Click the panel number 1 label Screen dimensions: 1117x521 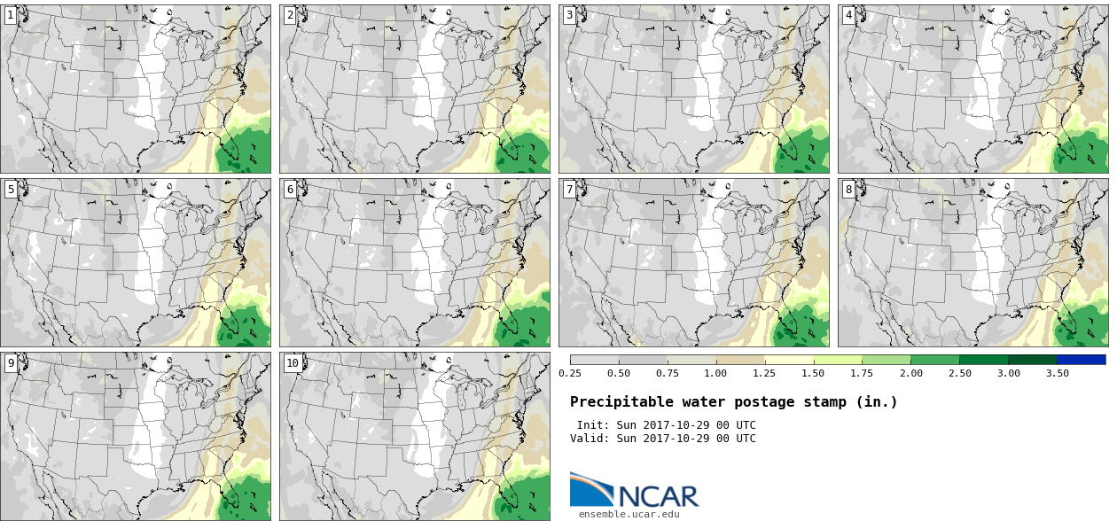(x=10, y=15)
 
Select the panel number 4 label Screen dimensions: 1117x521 (x=848, y=15)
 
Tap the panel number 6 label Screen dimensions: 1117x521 (x=290, y=190)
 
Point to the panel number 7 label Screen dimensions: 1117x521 (x=569, y=190)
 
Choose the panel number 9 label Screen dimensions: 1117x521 (x=10, y=363)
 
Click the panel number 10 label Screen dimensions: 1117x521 (x=293, y=363)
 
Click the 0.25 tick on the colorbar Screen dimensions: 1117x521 (x=570, y=373)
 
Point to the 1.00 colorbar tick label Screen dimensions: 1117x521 (x=715, y=373)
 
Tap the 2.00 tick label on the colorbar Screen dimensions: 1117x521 (x=911, y=373)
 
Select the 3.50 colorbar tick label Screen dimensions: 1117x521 (x=1058, y=373)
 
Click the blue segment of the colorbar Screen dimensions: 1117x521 (x=1082, y=360)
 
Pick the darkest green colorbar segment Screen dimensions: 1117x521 (x=1032, y=360)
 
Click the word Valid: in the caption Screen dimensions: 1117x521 (x=590, y=439)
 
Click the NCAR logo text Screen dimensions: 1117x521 (x=659, y=496)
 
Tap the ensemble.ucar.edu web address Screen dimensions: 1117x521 (x=629, y=514)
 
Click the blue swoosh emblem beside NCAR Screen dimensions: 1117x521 (x=592, y=489)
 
